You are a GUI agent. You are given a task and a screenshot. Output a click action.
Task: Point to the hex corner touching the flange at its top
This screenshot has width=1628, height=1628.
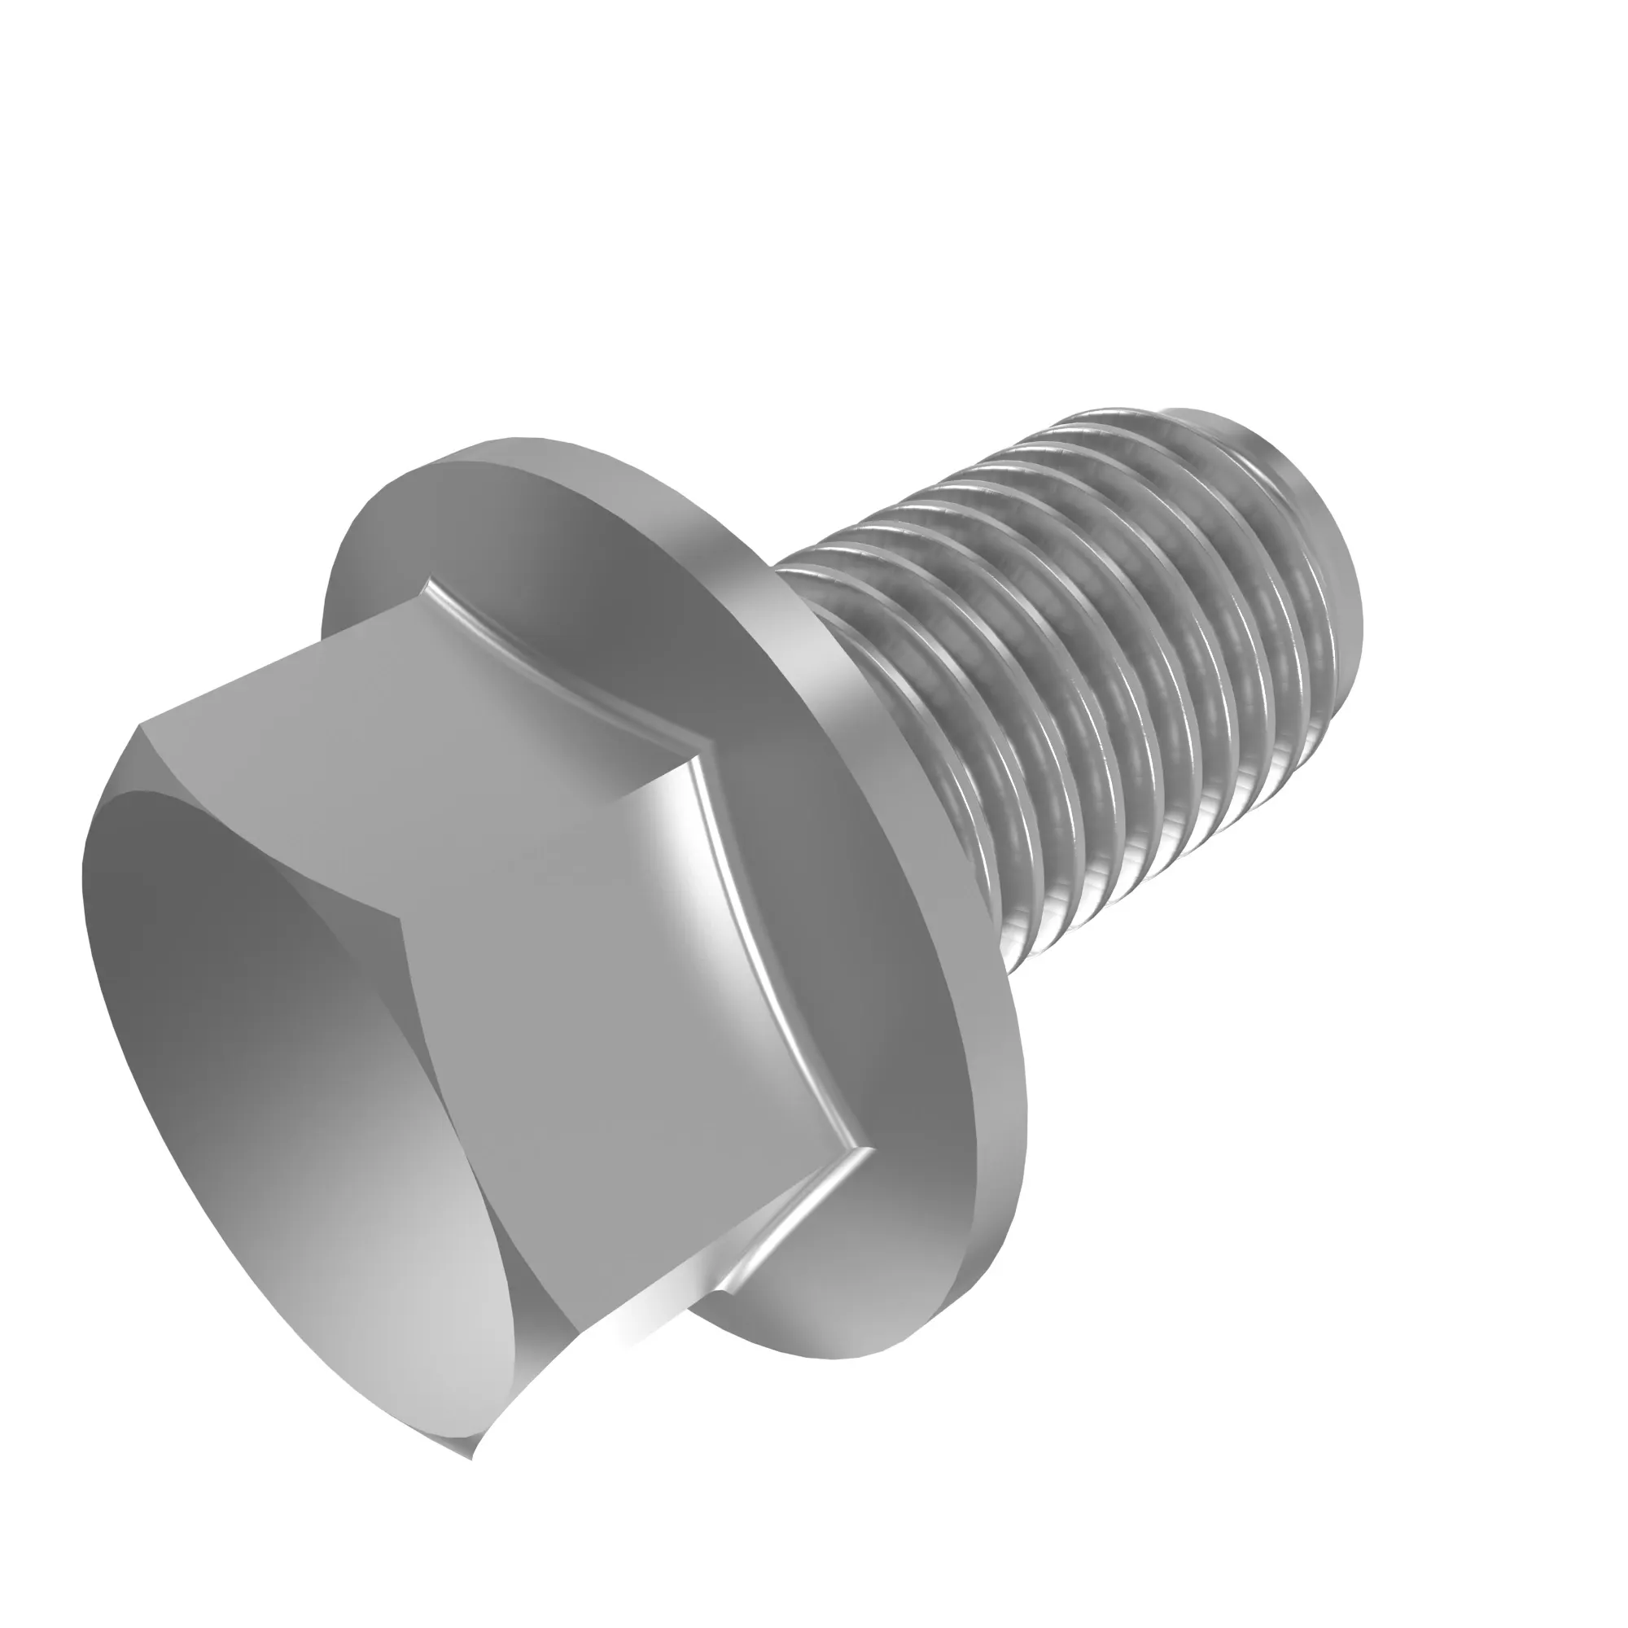(430, 581)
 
